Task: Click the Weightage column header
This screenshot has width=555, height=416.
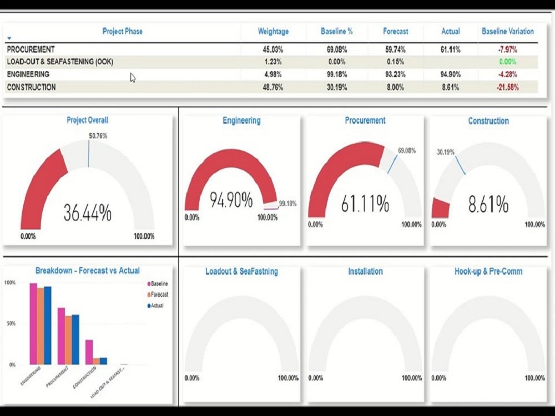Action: (273, 32)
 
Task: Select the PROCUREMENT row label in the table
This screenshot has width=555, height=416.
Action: (31, 49)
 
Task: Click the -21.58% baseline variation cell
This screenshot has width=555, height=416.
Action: (508, 87)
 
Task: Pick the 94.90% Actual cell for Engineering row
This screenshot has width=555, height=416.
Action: (450, 74)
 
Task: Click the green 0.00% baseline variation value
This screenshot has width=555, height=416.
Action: (508, 62)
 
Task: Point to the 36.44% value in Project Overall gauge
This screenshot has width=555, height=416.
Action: (87, 213)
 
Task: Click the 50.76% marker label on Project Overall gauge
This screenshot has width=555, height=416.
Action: (98, 135)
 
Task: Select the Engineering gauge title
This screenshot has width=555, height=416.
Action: (241, 120)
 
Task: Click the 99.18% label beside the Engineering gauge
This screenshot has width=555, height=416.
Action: (287, 204)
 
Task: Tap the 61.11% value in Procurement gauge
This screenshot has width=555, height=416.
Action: (365, 204)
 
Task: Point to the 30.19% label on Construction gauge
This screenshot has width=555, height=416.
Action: (445, 152)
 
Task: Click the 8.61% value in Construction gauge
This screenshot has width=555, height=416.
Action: (488, 205)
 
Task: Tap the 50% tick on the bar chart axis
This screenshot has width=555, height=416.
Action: (10, 323)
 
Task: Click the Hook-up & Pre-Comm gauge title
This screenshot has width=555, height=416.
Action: (488, 271)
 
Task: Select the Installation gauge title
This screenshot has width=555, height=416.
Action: (365, 271)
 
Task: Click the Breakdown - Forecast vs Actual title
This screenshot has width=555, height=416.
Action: (87, 271)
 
